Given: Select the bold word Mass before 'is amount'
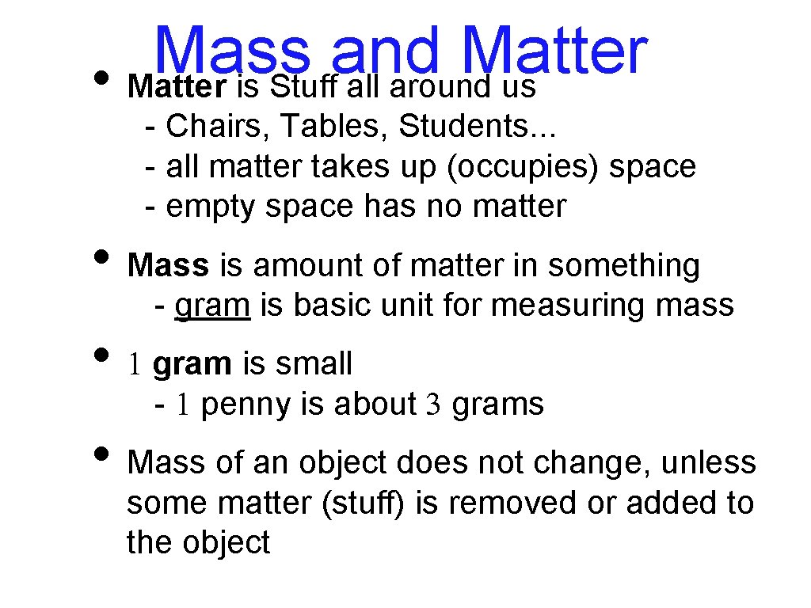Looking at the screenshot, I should click(168, 266).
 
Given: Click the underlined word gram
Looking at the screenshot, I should click(212, 305).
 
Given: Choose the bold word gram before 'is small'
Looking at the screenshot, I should click(192, 364).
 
